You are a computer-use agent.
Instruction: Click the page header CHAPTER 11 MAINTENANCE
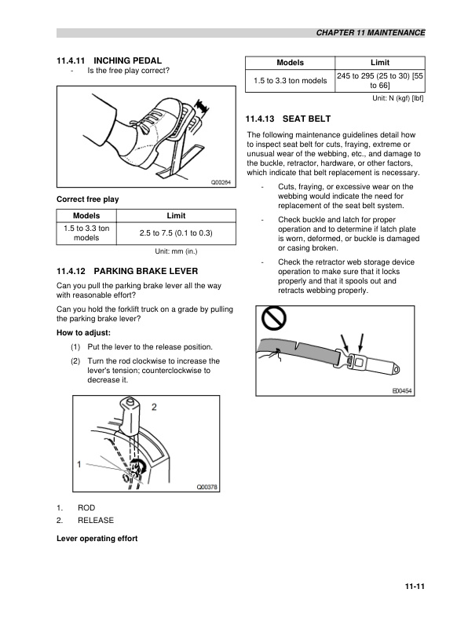point(370,33)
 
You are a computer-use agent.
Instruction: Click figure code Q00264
point(221,182)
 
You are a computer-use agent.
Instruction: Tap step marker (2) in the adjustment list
point(75,361)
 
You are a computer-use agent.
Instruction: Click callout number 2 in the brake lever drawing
point(154,407)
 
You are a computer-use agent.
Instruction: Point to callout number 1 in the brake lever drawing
point(79,464)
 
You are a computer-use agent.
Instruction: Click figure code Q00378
point(207,487)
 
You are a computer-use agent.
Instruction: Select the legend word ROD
point(86,509)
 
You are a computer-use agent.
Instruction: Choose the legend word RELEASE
point(95,521)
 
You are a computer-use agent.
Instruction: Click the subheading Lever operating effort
point(97,538)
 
